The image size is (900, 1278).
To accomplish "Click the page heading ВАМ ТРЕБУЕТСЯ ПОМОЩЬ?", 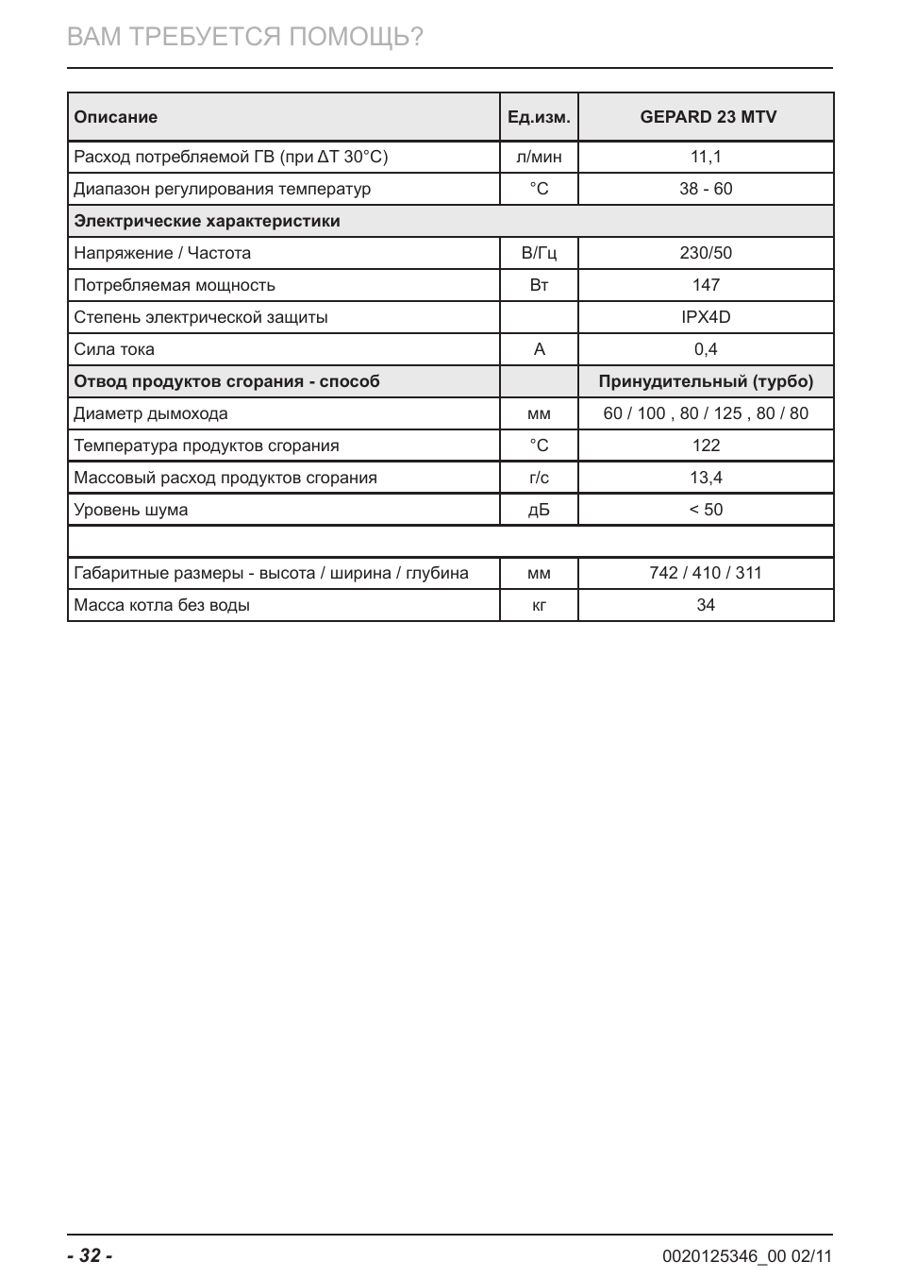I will [245, 37].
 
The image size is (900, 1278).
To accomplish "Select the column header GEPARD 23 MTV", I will [708, 117].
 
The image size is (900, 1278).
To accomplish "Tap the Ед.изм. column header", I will [539, 117].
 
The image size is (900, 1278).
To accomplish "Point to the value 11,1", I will [706, 157].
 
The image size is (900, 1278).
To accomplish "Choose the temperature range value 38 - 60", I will [706, 189].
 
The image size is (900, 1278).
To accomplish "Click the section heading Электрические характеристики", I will [207, 221].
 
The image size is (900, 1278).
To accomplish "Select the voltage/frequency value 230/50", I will [706, 253].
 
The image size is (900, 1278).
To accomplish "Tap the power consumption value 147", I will [706, 285].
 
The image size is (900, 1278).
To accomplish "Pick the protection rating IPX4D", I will [706, 317].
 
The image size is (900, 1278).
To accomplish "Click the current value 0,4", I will [706, 349].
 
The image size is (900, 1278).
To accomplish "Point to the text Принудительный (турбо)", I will [706, 381].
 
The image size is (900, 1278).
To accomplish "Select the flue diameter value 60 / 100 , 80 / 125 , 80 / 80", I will [706, 413].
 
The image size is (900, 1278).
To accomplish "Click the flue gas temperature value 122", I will [706, 446].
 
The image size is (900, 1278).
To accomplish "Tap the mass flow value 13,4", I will [706, 478].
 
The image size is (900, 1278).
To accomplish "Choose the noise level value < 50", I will [706, 510].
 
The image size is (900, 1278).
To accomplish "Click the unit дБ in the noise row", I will [539, 510].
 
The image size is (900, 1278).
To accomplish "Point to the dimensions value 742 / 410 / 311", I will [706, 573].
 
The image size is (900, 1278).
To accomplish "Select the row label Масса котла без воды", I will [161, 605].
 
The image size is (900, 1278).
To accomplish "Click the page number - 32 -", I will [90, 1255].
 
